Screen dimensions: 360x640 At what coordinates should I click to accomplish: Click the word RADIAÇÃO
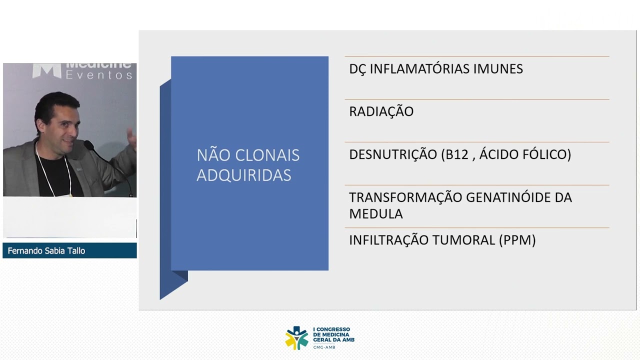pos(381,111)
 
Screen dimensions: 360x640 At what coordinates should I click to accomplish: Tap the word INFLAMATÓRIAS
pos(420,69)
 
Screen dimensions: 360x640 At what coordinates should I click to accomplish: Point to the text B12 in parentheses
pos(456,154)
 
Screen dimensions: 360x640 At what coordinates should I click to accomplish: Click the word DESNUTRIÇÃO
pos(393,154)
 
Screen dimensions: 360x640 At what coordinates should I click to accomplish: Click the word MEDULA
pos(375,214)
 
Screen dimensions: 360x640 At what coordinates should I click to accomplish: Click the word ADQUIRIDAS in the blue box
pos(243,175)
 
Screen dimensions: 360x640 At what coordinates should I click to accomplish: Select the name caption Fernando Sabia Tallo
pos(46,251)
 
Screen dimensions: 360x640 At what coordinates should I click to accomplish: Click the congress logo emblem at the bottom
pos(296,337)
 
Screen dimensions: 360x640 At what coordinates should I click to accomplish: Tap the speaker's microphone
pos(90,146)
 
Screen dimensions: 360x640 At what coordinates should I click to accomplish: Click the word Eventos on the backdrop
pos(99,75)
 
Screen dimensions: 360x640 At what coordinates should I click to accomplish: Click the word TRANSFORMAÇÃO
pos(405,197)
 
